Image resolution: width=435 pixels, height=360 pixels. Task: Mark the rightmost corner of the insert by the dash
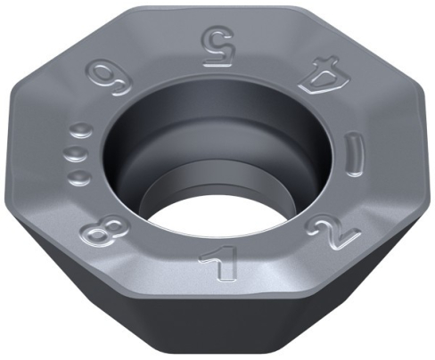tap(425, 151)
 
